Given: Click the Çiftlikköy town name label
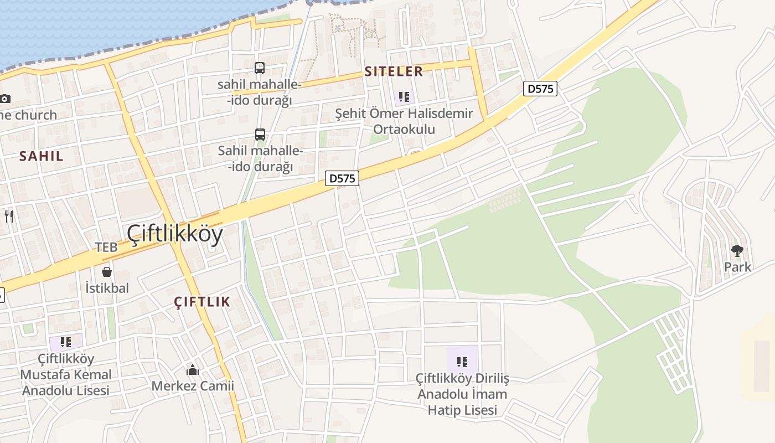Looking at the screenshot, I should [175, 234].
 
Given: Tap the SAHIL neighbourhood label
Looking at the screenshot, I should [42, 156].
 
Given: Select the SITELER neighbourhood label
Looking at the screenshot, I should [394, 71].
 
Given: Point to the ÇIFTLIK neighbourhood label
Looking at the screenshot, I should [202, 302].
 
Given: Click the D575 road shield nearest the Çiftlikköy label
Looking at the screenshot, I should [342, 178].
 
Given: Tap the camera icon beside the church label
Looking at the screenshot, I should [5, 99].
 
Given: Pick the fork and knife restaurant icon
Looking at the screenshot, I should [8, 216].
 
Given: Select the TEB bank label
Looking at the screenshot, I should [106, 247].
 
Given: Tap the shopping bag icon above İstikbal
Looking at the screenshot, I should [107, 272].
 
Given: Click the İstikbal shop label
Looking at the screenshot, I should [107, 288].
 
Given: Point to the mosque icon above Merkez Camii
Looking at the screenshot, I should [193, 369].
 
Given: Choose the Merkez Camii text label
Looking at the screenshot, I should [193, 385].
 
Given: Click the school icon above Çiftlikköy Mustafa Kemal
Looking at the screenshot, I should [66, 342].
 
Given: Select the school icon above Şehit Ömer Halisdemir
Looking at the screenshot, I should [404, 97].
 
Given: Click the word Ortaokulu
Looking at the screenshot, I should [404, 129].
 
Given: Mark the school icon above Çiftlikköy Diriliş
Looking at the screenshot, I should [462, 362].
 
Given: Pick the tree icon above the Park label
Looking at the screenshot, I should [737, 251].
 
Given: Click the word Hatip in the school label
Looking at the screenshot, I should [446, 410].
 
